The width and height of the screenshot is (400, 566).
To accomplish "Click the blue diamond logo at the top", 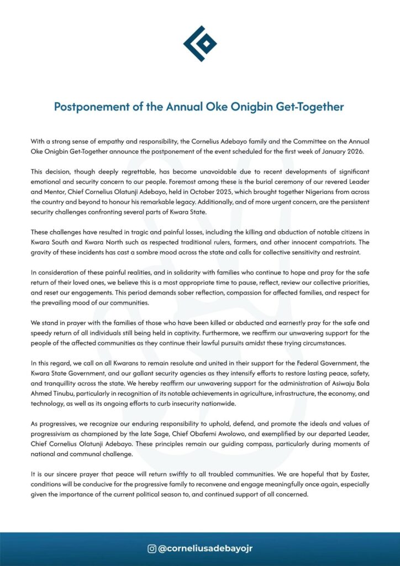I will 200,43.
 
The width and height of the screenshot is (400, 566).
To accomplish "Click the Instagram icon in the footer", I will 151,549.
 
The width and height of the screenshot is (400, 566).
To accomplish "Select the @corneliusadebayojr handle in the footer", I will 206,549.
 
